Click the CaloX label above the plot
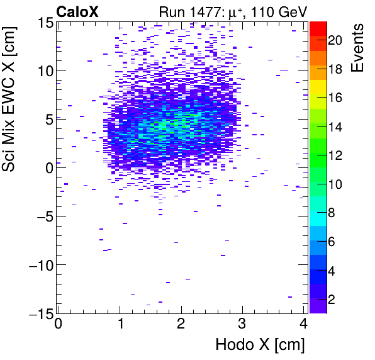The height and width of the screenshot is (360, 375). (77, 11)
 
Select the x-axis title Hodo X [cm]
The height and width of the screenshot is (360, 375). (260, 345)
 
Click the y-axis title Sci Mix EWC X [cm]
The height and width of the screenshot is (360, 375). (11, 102)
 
